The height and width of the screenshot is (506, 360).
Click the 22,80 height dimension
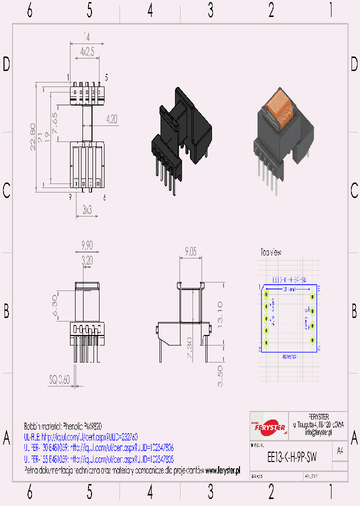coord(33,137)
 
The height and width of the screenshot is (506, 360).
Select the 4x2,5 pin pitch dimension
coord(86,51)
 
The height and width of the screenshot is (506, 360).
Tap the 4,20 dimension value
coord(111,119)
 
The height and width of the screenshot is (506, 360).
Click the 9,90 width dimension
coord(87,245)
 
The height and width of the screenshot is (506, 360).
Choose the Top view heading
coord(270,252)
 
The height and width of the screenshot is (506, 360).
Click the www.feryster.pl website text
coord(222,470)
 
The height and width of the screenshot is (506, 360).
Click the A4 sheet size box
coord(340,451)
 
